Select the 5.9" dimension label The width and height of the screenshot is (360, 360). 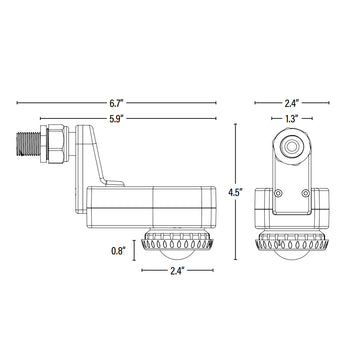click(118, 121)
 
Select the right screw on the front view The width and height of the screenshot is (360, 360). click(307, 192)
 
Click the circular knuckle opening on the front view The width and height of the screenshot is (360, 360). click(292, 145)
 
